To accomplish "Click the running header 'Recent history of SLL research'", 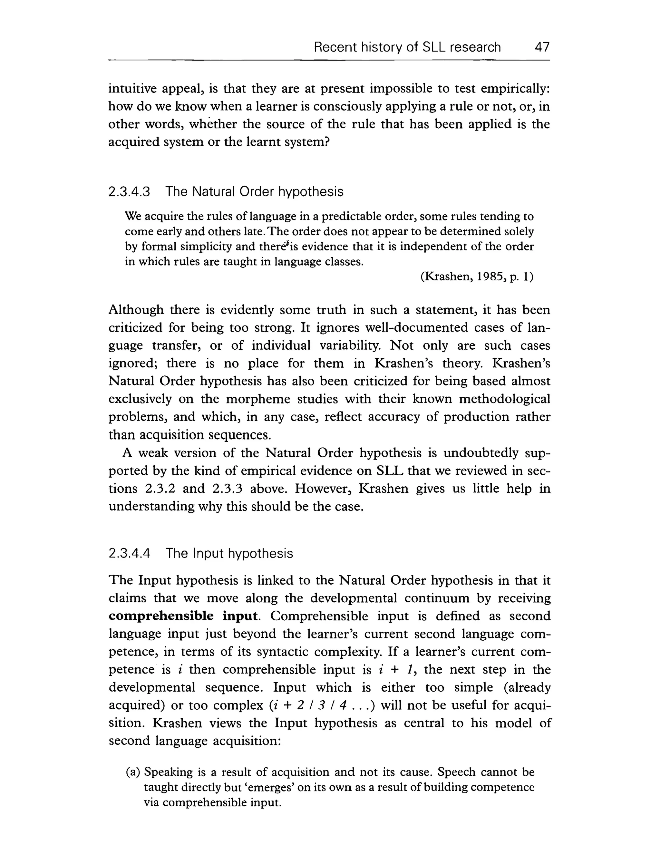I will click(407, 47).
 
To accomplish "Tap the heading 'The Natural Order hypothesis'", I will click(254, 192).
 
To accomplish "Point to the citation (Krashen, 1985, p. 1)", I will click(477, 277).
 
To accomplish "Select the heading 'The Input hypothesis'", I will click(229, 553).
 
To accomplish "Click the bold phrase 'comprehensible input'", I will click(183, 616).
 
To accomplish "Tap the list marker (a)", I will click(133, 772).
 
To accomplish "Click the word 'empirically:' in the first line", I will click(515, 89).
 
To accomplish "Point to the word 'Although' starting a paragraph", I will click(136, 310).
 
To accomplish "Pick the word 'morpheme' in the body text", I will click(259, 399).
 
